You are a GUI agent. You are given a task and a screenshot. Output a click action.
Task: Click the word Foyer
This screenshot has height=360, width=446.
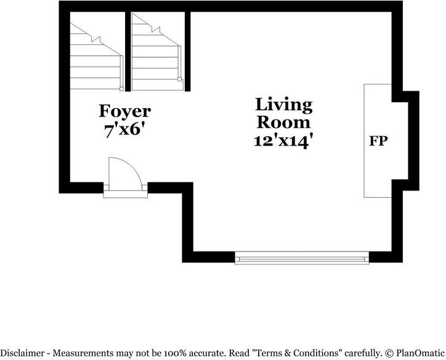pos(124,111)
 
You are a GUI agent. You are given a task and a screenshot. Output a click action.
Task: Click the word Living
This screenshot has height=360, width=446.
pos(284,104)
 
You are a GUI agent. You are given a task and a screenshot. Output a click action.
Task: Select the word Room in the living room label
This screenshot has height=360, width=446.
pos(284,121)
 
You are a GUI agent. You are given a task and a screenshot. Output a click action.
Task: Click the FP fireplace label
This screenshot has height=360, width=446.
pos(378,141)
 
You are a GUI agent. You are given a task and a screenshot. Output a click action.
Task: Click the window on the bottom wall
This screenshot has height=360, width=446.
pos(302,258)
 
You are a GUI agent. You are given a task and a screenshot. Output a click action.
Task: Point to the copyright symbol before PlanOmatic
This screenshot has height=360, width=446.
pos(389,353)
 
